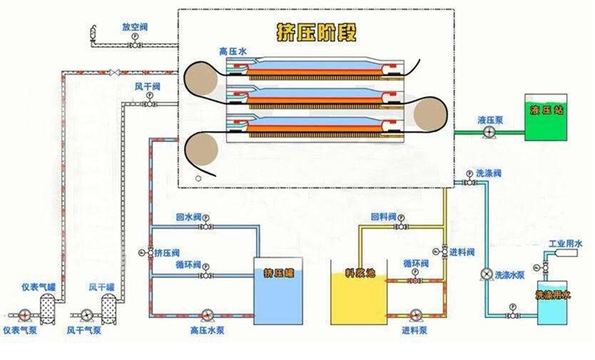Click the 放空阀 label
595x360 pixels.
click(x=135, y=26)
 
